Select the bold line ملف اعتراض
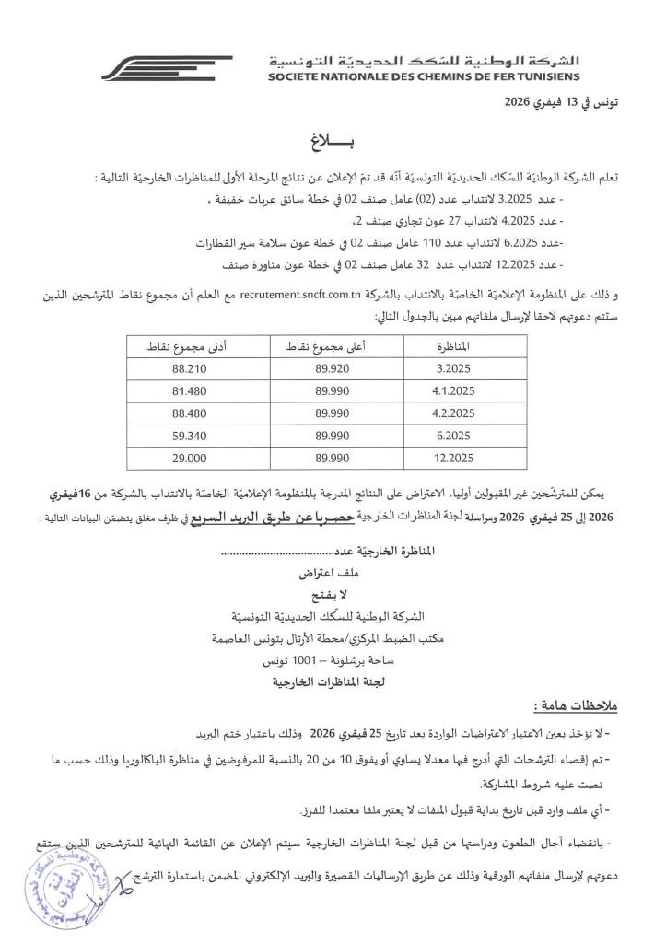click(333, 573)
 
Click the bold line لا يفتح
click(333, 594)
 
